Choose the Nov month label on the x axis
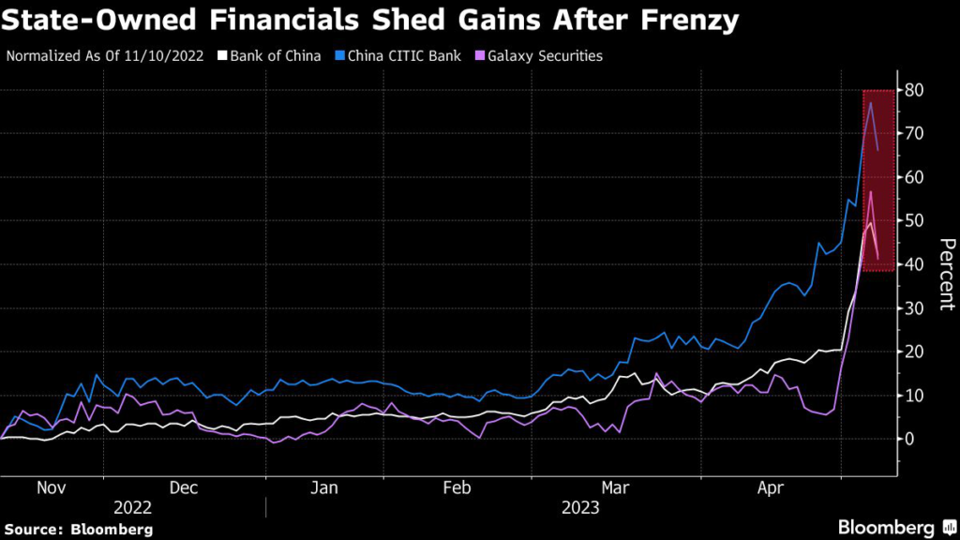pos(51,487)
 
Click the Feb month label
pos(455,487)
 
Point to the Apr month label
pos(771,487)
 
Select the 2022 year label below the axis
pos(132,508)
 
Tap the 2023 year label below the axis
pos(581,508)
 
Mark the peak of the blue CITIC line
pos(871,103)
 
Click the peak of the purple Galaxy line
pos(871,191)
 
